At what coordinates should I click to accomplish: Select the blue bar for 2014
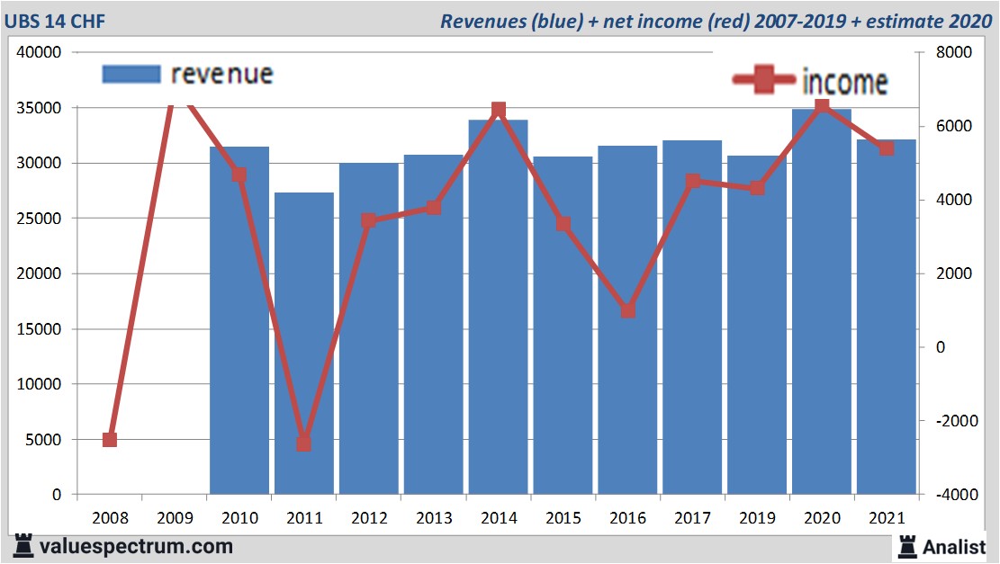[498, 307]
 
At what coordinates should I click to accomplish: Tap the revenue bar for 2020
[822, 301]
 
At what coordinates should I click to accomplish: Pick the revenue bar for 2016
[627, 320]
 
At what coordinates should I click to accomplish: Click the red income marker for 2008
[110, 439]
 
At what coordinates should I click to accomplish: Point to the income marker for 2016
[628, 310]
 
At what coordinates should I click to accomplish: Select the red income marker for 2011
[304, 443]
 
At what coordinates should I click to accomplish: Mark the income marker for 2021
[887, 148]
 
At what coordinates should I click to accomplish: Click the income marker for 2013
[434, 208]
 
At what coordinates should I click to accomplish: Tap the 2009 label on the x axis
[175, 518]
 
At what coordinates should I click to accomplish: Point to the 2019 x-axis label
[757, 518]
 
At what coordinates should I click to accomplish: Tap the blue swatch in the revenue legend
[131, 74]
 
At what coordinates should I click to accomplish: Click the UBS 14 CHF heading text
[55, 21]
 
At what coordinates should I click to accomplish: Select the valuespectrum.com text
[136, 546]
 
